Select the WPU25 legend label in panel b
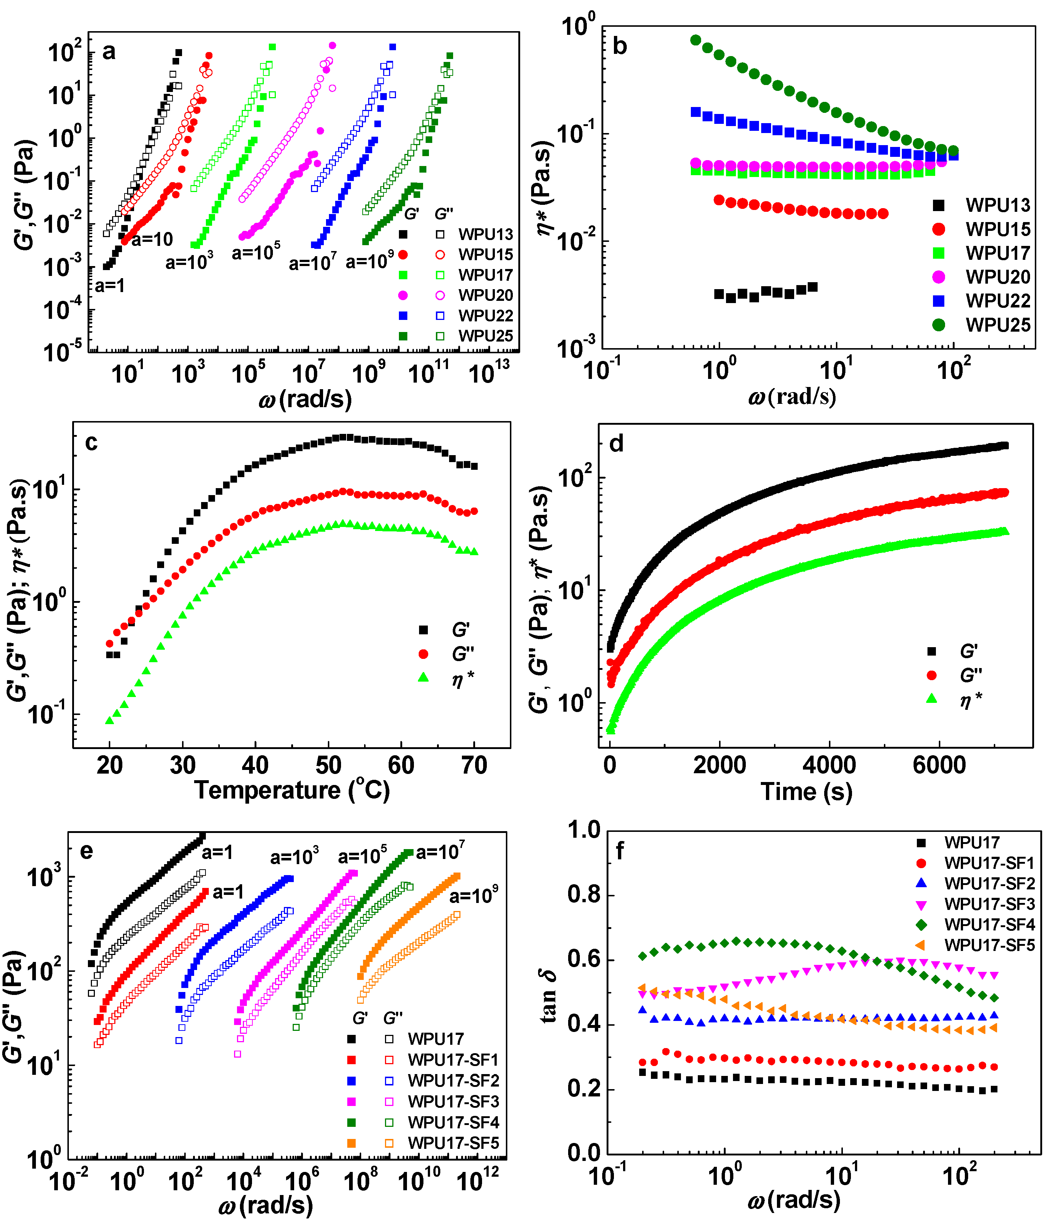(x=998, y=325)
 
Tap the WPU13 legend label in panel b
(x=998, y=205)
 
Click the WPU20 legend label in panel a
(x=485, y=295)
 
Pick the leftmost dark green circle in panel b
(x=696, y=40)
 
